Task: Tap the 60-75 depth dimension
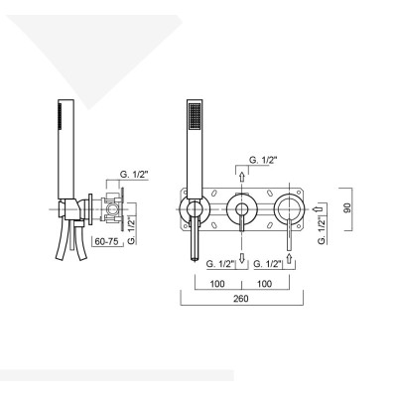pos(108,239)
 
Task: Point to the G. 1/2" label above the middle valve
pos(263,158)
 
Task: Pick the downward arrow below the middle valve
pos(241,257)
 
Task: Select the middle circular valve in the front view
pos(241,209)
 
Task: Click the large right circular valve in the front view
pos(290,209)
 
